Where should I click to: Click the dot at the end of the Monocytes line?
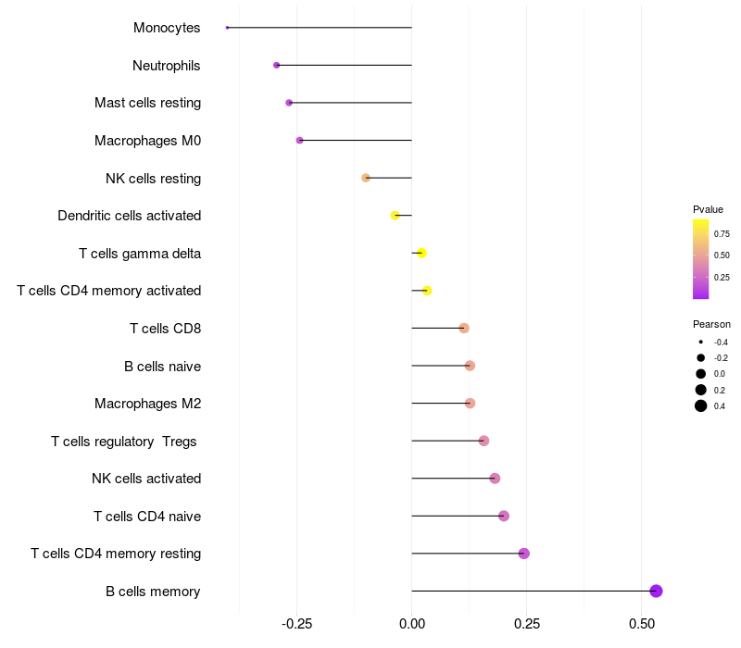pos(227,28)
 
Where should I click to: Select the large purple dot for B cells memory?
pos(656,591)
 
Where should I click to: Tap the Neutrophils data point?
pos(276,65)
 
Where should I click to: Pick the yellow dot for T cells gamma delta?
pos(421,253)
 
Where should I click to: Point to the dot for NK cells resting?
pos(366,178)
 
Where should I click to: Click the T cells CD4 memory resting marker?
pos(524,554)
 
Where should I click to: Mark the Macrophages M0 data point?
pos(299,141)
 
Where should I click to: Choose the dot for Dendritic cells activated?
pos(396,215)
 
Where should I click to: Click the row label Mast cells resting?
pos(147,103)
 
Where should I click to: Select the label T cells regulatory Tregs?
pos(124,442)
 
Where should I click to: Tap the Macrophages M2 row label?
pos(147,404)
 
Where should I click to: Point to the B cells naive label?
pos(162,367)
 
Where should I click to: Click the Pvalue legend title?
pos(708,209)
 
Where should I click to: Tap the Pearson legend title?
pos(711,324)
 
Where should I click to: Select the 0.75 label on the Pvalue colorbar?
pos(722,233)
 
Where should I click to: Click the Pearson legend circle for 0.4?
pos(701,406)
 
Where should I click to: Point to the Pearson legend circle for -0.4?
pos(701,342)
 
